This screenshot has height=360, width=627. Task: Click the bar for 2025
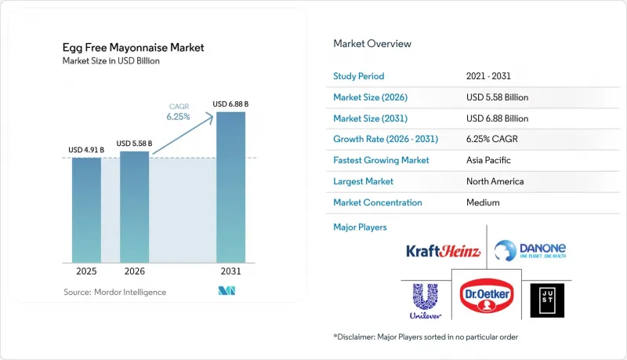click(86, 210)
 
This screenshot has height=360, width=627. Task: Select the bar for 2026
click(134, 207)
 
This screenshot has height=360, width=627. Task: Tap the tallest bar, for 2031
click(230, 187)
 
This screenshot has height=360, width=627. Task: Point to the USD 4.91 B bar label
click(86, 150)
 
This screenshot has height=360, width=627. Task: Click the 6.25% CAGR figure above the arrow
click(179, 117)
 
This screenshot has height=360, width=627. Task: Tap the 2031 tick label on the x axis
click(230, 271)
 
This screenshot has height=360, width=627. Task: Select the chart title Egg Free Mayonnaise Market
click(133, 48)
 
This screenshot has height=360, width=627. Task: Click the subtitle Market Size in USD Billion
click(111, 61)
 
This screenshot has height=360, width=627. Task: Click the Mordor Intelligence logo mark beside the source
click(227, 291)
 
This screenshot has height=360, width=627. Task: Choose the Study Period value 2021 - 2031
click(488, 76)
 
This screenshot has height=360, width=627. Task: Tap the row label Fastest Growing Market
click(381, 160)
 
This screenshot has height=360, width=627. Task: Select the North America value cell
click(495, 181)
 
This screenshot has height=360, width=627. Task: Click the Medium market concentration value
click(483, 202)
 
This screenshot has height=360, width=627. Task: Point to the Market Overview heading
click(372, 44)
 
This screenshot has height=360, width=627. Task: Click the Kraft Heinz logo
click(443, 251)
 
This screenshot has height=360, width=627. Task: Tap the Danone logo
click(530, 250)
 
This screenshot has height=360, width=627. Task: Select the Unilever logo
click(426, 301)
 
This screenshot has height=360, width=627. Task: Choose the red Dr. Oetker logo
click(487, 296)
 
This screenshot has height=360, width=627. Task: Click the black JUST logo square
click(547, 300)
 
